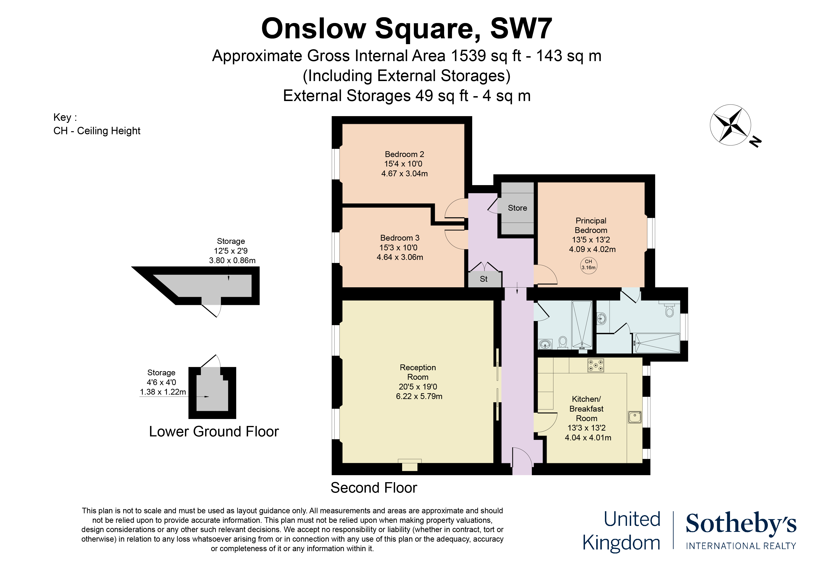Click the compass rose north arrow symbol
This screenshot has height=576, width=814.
730,125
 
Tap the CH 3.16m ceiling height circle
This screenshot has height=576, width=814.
588,265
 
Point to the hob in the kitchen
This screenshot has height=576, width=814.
596,365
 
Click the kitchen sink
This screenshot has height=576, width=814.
635,417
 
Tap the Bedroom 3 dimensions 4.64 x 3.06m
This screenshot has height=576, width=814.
400,257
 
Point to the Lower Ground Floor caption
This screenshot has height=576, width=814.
214,432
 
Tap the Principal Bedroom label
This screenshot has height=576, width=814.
591,225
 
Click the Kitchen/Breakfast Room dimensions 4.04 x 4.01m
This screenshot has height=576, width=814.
588,438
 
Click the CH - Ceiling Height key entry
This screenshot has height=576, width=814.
97,131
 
